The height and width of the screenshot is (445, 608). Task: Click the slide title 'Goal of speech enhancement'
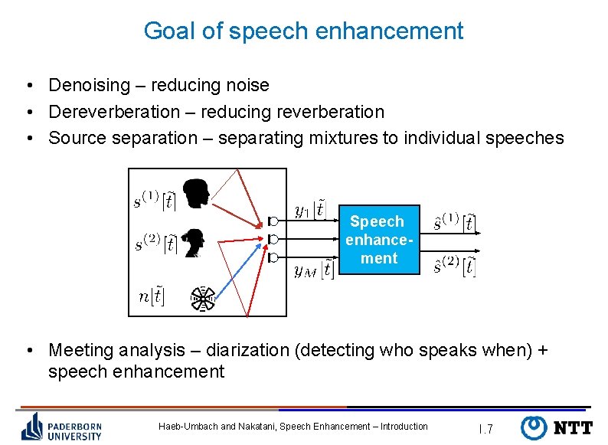click(x=303, y=31)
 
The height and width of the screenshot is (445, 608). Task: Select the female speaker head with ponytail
click(x=196, y=244)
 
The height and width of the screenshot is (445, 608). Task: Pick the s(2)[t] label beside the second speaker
click(x=156, y=244)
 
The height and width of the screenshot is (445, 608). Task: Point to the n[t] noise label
click(x=152, y=296)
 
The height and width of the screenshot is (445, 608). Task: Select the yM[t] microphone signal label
click(x=313, y=269)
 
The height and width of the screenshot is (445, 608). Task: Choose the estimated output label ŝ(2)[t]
click(x=454, y=266)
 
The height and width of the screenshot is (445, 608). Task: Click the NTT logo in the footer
click(x=556, y=428)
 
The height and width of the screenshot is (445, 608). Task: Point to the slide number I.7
click(x=485, y=429)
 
